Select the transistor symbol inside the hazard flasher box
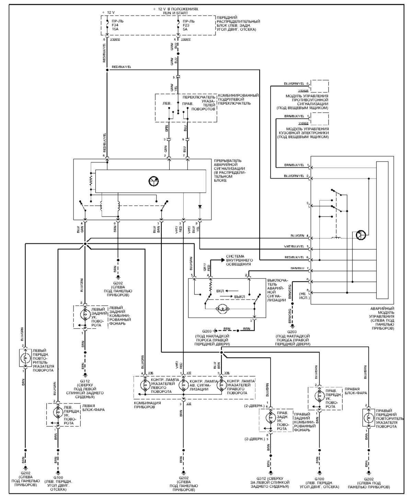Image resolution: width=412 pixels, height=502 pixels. click(x=153, y=181)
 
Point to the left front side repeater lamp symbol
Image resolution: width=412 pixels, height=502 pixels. click(x=25, y=358)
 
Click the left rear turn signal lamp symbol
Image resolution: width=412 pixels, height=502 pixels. click(x=84, y=314)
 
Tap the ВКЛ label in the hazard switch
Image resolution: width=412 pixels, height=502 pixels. click(x=220, y=291)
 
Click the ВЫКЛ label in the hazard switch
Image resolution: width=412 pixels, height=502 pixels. click(x=239, y=296)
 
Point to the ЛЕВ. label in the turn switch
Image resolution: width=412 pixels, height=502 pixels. click(x=167, y=103)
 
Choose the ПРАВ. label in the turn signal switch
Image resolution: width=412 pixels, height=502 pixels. click(x=187, y=103)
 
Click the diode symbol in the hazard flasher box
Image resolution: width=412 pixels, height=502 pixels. click(x=200, y=206)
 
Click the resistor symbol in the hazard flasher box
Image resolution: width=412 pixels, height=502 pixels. click(x=91, y=180)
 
